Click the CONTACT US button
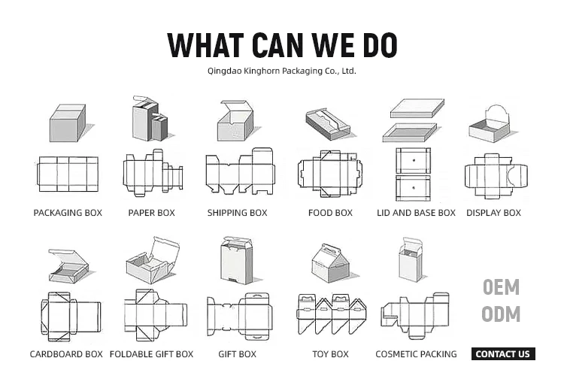click(502, 354)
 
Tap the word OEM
click(501, 287)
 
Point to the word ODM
click(501, 314)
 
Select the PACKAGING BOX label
click(68, 213)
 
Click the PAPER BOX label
click(151, 213)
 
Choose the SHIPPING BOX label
click(237, 213)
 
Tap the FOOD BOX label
click(330, 213)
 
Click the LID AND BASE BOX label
click(416, 213)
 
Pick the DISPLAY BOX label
click(493, 213)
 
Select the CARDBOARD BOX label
click(66, 354)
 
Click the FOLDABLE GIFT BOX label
click(151, 354)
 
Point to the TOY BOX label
click(330, 354)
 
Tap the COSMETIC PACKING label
click(416, 354)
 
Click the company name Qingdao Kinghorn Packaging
click(281, 71)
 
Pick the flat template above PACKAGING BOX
click(67, 174)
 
